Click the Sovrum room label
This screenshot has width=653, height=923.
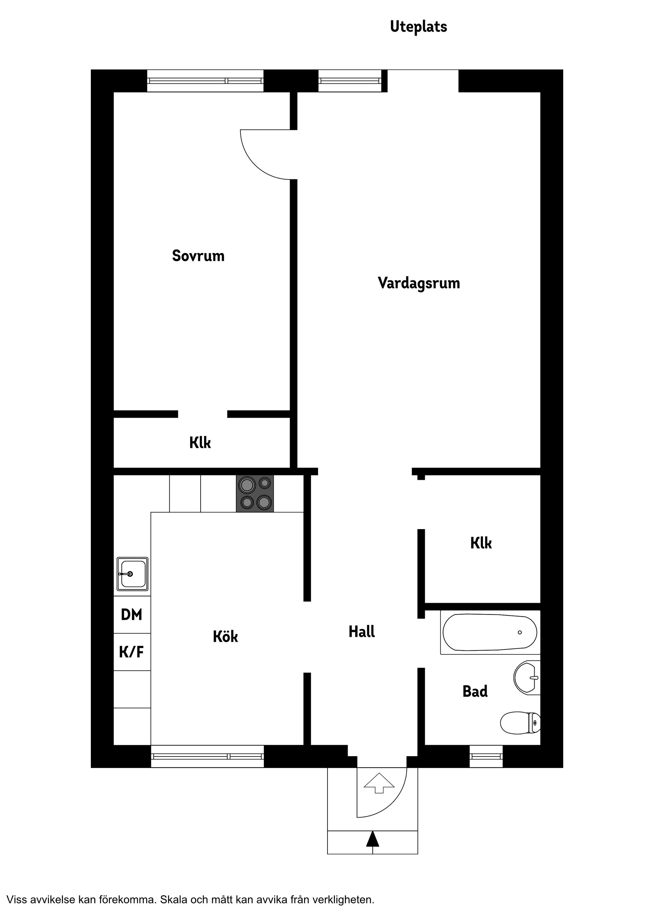coord(198,256)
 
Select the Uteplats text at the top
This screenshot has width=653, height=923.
coord(418,27)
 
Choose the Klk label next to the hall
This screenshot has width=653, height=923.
coord(481,543)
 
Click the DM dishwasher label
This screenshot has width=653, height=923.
coord(132,615)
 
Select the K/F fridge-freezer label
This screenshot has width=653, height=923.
coord(132,652)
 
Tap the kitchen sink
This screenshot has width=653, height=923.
coord(132,574)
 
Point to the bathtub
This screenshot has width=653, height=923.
coord(490,632)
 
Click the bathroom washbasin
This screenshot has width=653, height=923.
coord(527,677)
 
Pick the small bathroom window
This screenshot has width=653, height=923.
coord(486,756)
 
